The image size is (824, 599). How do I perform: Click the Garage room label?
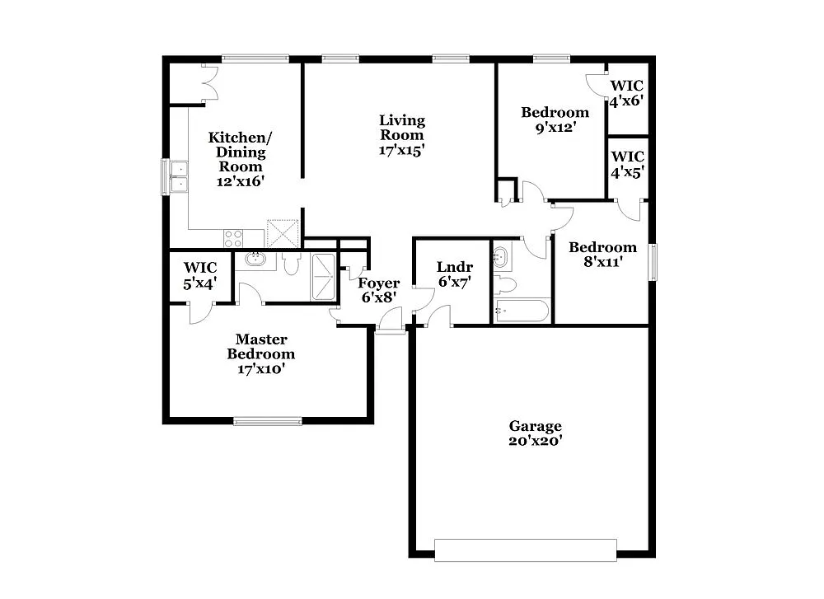tap(535, 433)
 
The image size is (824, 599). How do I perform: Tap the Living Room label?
tap(401, 135)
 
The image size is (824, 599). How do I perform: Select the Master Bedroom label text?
tap(261, 353)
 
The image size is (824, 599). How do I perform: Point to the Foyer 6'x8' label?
tap(378, 290)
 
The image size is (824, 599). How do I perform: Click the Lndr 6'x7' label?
tap(454, 274)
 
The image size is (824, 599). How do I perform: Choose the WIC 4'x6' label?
tap(626, 93)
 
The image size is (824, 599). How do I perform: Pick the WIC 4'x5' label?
tap(626, 164)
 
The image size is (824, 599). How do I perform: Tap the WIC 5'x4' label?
tap(200, 275)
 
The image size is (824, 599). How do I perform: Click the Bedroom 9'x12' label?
tap(555, 119)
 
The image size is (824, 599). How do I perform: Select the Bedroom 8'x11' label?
tap(602, 254)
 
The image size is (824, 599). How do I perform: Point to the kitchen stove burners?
tap(233, 238)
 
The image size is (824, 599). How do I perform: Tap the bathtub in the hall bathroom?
tap(521, 311)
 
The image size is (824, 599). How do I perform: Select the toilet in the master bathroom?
tap(291, 263)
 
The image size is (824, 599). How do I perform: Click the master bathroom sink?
tap(256, 260)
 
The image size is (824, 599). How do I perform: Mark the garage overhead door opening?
tap(525, 550)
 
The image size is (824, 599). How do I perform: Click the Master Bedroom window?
tap(267, 422)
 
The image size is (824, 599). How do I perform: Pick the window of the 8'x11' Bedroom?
tap(653, 262)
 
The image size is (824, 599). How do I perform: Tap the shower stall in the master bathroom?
tap(324, 277)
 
